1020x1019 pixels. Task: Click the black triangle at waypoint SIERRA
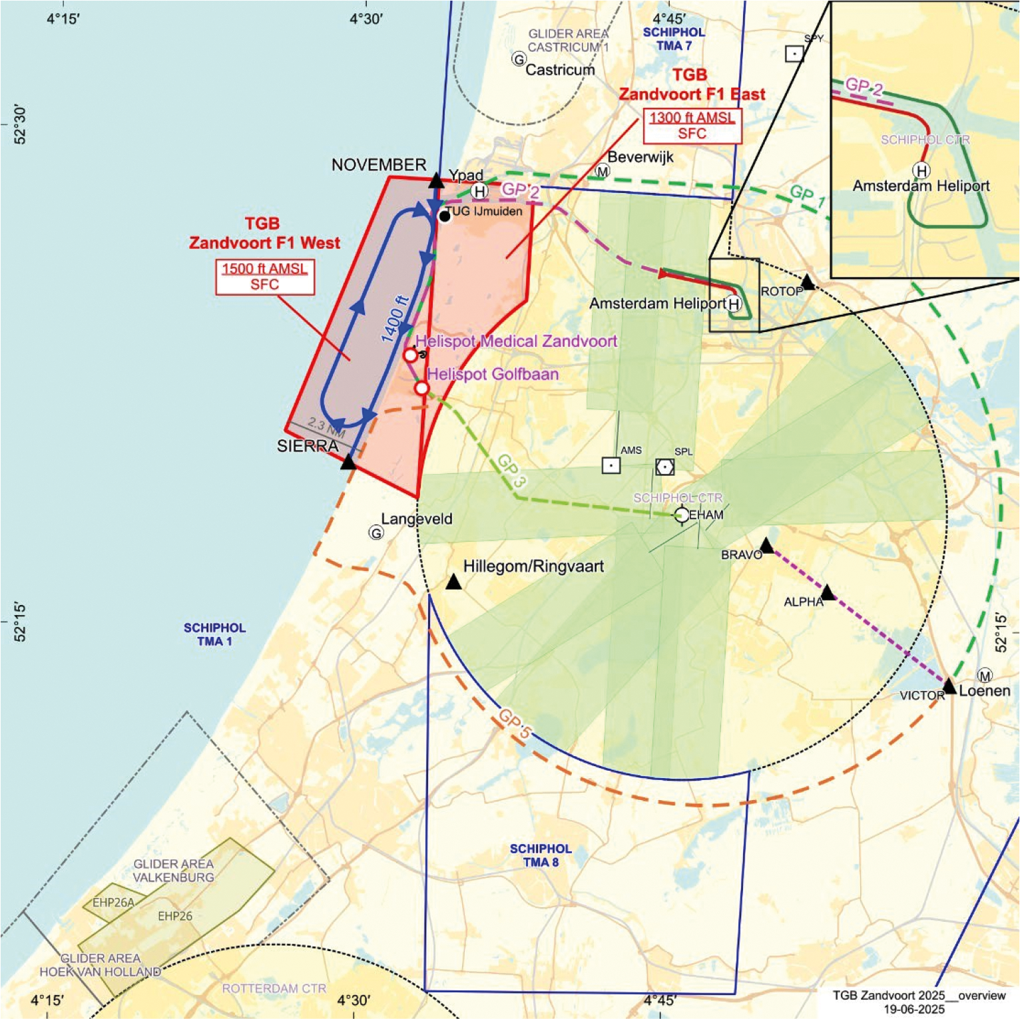pyautogui.click(x=348, y=461)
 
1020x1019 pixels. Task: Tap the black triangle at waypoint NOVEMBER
pyautogui.click(x=436, y=180)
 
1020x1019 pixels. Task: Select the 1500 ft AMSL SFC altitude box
pyautogui.click(x=265, y=277)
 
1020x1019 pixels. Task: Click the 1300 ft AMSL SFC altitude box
pyautogui.click(x=692, y=126)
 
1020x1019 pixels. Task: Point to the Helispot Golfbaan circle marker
pyautogui.click(x=421, y=388)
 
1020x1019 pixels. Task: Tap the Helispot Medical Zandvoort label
pyautogui.click(x=516, y=341)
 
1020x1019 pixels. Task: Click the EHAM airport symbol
pyautogui.click(x=682, y=514)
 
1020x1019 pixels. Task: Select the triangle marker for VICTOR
pyautogui.click(x=949, y=686)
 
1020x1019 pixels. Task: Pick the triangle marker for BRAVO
pyautogui.click(x=766, y=546)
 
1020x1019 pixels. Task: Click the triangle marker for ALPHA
pyautogui.click(x=828, y=592)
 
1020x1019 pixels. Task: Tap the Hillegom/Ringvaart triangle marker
pyautogui.click(x=453, y=582)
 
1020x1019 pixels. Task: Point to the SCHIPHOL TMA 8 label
pyautogui.click(x=541, y=855)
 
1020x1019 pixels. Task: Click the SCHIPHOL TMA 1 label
pyautogui.click(x=214, y=634)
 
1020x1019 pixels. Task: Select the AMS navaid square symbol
pyautogui.click(x=611, y=465)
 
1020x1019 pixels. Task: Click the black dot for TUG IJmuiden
pyautogui.click(x=444, y=216)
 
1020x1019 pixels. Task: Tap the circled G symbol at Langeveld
pyautogui.click(x=376, y=532)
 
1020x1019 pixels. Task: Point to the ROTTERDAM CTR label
pyautogui.click(x=274, y=988)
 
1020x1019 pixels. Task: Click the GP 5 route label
pyautogui.click(x=515, y=723)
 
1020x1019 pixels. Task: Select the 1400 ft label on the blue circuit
pyautogui.click(x=395, y=318)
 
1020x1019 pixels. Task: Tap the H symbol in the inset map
pyautogui.click(x=921, y=171)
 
